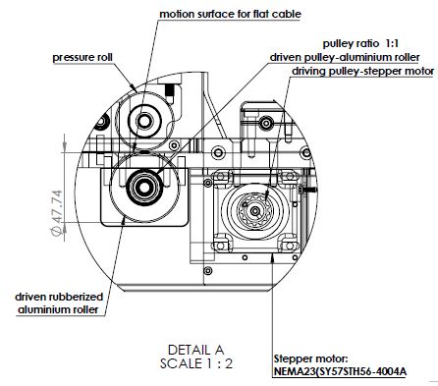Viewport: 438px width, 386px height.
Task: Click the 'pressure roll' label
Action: pos(82,58)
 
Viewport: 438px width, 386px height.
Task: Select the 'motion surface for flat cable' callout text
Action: pos(230,14)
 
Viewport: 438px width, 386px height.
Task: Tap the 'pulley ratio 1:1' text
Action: pos(360,43)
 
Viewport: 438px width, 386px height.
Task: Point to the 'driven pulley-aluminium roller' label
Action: pos(345,57)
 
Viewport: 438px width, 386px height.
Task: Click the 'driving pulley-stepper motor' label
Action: pos(363,71)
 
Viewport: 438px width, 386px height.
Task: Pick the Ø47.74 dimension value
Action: pos(56,212)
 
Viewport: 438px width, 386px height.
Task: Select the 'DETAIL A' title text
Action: pos(195,350)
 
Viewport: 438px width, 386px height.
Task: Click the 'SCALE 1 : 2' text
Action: pos(196,363)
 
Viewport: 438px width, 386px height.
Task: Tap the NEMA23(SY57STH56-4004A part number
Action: pos(340,372)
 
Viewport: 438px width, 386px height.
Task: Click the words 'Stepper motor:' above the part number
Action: pos(310,358)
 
